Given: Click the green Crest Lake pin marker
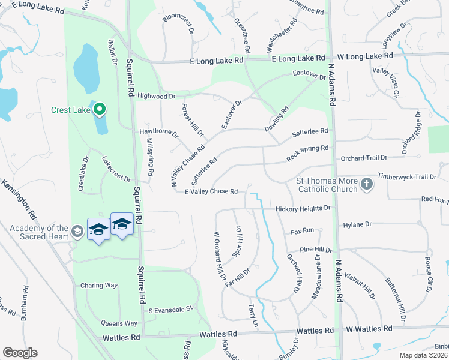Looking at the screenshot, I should pos(100,109).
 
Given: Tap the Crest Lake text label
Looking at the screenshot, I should pos(70,110).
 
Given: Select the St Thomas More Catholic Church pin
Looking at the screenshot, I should pos(366,185).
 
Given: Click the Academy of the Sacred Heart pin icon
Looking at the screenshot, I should pos(76,232).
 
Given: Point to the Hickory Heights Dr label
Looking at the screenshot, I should pos(303,209).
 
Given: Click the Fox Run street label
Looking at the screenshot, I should pos(303,231).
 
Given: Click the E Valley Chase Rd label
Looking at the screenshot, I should pos(211,192).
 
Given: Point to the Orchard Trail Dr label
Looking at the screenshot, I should pos(364,158).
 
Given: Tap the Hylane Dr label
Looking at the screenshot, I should pos(357,224).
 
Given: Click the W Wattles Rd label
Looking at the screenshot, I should pos(369,329).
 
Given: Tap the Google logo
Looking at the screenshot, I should pos(20,353).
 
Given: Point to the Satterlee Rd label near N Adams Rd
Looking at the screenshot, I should pos(310,131).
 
